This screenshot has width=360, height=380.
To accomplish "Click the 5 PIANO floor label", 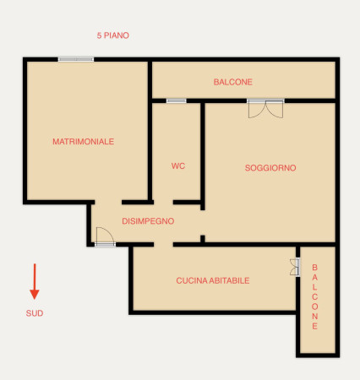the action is [113, 35].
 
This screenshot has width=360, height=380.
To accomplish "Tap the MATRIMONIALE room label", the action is [84, 141].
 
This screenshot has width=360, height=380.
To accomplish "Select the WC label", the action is [178, 166].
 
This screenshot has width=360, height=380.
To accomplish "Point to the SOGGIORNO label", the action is [270, 168].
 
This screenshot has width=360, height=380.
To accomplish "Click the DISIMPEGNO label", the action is [148, 221].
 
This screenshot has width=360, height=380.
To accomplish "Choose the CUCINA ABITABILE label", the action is [213, 280].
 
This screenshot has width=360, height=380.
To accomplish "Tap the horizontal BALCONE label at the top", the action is [232, 82].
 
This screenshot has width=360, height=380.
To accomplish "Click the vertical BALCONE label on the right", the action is [314, 296].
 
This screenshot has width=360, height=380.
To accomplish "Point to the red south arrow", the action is [35, 281].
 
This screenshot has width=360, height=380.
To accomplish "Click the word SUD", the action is [35, 313].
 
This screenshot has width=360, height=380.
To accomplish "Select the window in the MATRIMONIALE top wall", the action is [76, 59].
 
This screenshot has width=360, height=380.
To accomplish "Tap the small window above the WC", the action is [177, 100].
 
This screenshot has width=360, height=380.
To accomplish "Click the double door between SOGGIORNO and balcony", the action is [265, 108].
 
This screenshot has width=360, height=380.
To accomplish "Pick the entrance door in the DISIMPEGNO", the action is [105, 237].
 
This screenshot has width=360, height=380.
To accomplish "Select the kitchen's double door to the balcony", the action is [295, 267].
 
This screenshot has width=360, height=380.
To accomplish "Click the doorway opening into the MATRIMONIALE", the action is [108, 202].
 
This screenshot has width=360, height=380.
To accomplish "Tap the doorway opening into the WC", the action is [163, 202].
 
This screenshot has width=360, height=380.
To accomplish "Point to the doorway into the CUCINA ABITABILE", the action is [163, 244].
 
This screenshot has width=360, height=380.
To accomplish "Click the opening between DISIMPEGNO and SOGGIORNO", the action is [203, 223].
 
